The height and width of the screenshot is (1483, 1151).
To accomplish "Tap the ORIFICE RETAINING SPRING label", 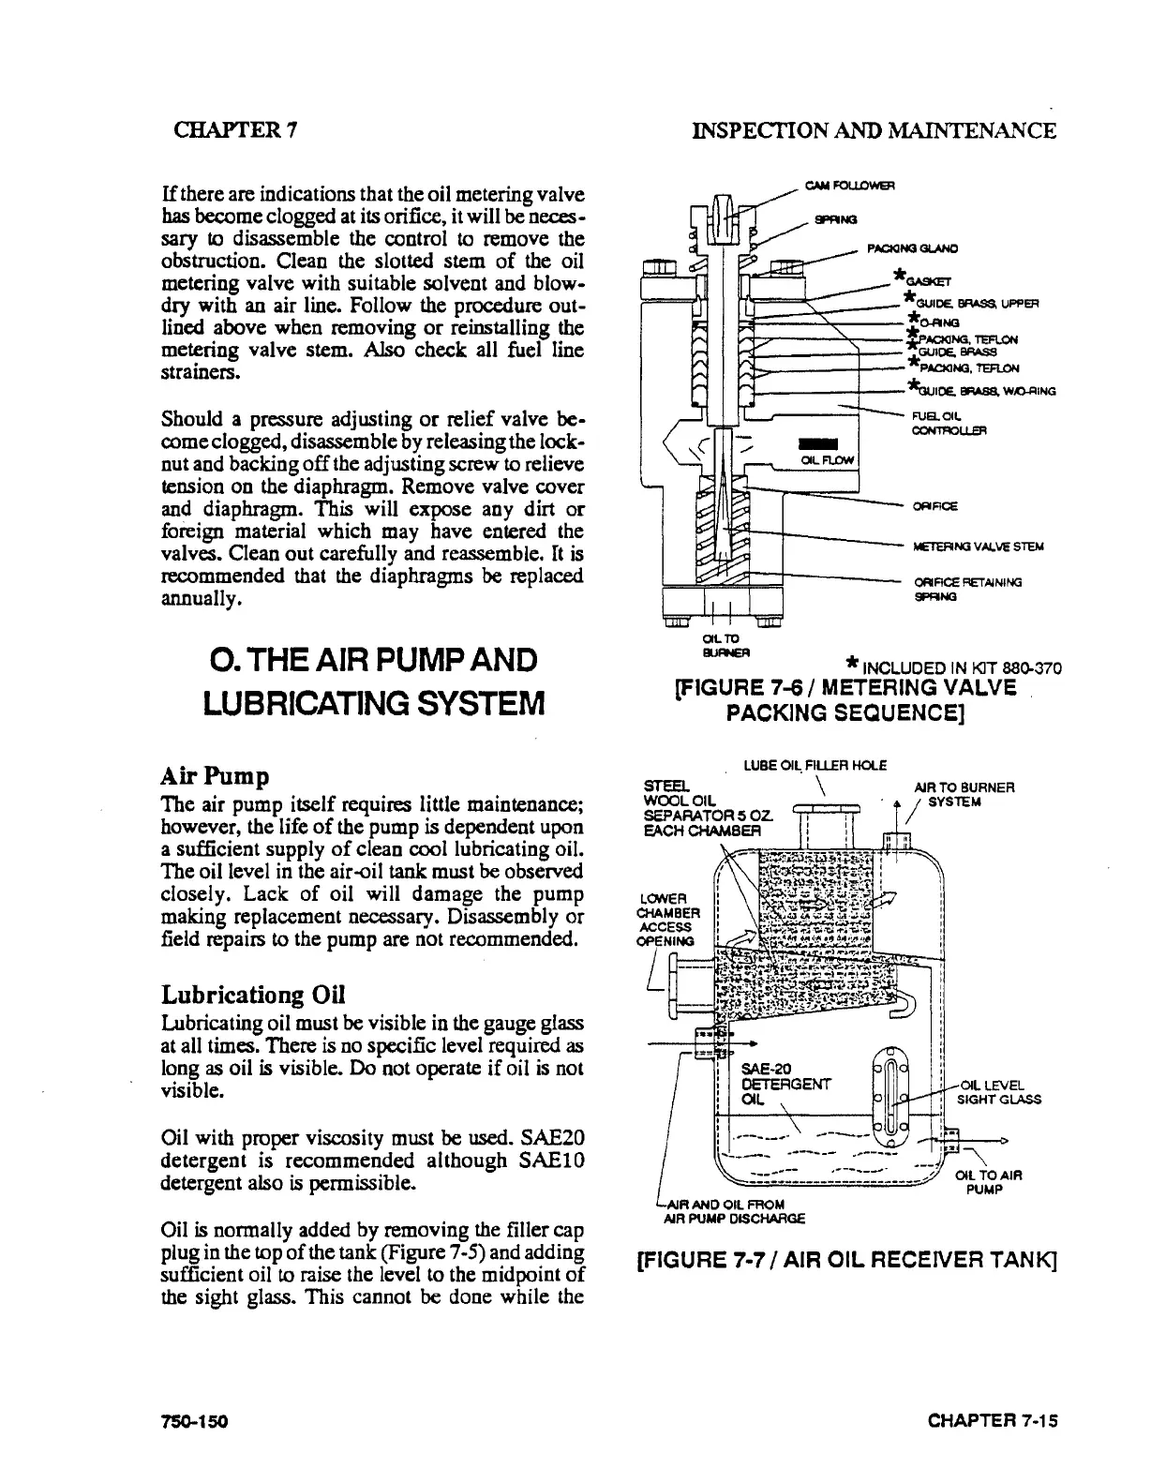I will click(967, 588).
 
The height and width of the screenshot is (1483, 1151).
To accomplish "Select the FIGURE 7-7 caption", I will click(846, 1261).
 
